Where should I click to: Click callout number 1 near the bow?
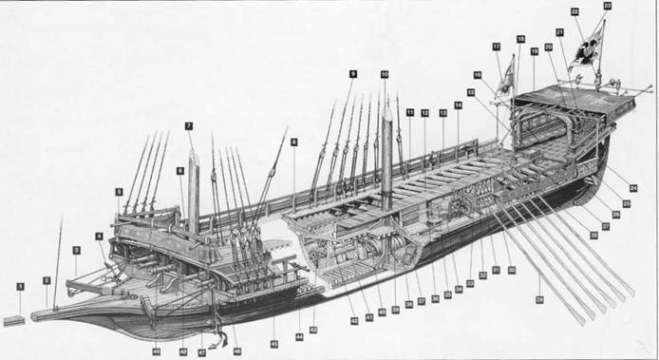coord(19,285)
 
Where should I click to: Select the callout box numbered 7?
coord(190,125)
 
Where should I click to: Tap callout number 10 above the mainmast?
coord(385,74)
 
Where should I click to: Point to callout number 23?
coord(607,7)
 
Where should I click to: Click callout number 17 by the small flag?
coord(496,47)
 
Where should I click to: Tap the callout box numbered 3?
coord(76,250)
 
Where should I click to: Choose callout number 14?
coord(458,105)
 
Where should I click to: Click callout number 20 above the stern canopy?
coord(549,47)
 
